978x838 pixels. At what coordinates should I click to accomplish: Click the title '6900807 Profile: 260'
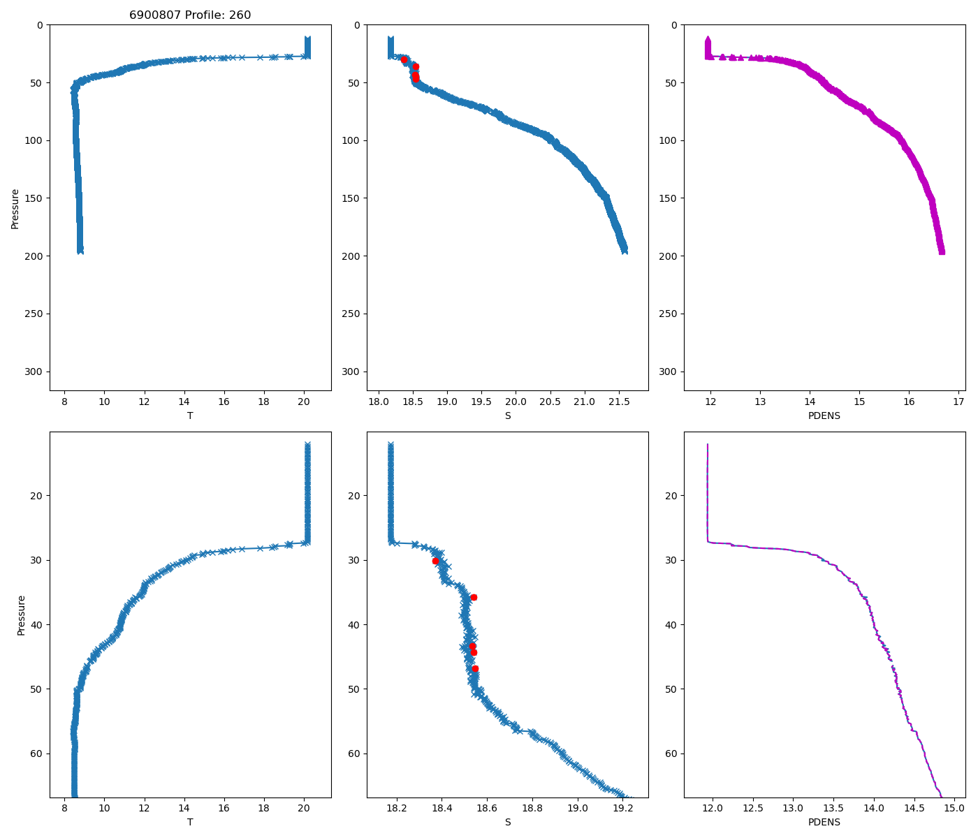tap(190, 15)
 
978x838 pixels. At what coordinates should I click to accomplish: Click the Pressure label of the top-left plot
tap(15, 208)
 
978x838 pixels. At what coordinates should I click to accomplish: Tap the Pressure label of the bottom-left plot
tap(21, 615)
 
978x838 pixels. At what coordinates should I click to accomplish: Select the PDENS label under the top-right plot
tap(824, 416)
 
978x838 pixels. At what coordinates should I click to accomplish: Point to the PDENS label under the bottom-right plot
tap(824, 822)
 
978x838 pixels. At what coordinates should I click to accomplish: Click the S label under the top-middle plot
tap(508, 416)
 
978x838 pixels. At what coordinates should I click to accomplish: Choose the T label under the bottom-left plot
tap(190, 822)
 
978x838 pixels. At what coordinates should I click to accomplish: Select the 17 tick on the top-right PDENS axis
tap(958, 402)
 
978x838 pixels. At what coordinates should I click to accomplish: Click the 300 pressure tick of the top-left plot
tap(34, 372)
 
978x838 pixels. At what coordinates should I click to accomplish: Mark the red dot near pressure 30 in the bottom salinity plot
tap(435, 561)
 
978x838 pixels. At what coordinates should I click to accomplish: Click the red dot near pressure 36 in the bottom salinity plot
tap(474, 597)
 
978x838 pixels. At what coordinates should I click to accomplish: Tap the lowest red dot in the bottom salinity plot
tap(475, 668)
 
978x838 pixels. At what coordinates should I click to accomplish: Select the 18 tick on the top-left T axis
tap(264, 402)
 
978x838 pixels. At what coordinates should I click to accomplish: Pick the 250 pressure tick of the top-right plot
tap(669, 314)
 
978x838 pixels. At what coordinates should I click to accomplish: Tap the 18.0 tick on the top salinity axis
tap(379, 402)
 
